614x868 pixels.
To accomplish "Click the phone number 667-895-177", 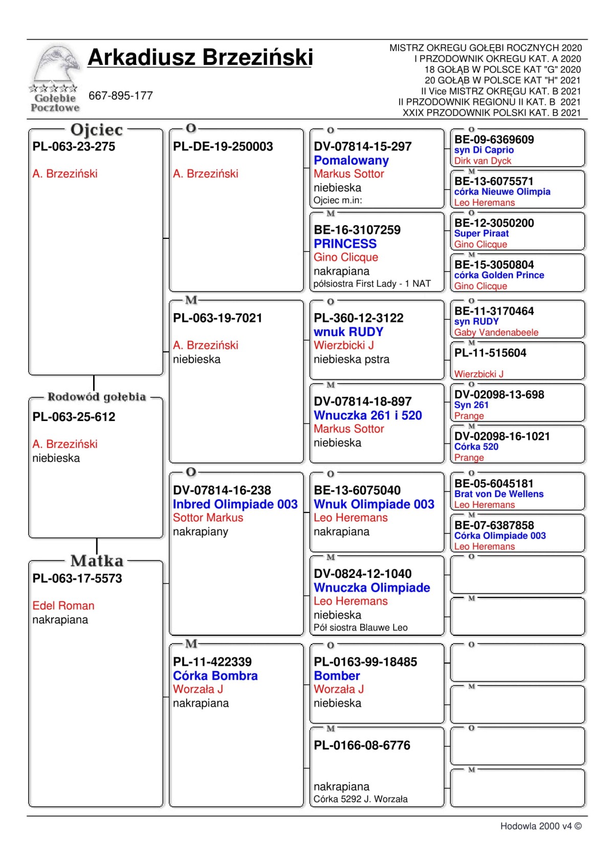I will point(121,96).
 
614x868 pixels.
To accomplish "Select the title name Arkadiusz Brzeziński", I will point(200,57).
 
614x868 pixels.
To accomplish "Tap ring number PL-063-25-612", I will point(74,417).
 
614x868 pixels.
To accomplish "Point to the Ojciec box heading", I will point(97,130).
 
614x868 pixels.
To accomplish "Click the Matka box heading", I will point(97,561).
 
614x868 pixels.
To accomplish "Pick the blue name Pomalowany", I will point(351,160).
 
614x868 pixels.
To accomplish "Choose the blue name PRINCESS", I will point(345,243).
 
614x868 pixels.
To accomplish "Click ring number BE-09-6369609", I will point(494,140).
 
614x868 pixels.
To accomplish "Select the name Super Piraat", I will point(481,233).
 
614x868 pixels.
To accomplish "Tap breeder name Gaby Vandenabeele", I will point(496,332).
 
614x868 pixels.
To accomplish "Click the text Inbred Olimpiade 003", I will point(235,504).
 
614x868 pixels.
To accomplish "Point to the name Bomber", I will point(337,676).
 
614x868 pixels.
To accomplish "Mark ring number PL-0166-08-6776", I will point(362,745).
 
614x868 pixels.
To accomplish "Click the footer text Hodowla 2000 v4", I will point(540,826).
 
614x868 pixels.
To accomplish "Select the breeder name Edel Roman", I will point(63,606).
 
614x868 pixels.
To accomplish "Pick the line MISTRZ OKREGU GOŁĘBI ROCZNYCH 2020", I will point(485,48).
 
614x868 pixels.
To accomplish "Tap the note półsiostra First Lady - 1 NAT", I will point(372,284).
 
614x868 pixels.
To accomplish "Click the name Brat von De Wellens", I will point(499,494).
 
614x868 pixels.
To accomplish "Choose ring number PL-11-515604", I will point(490,353).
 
